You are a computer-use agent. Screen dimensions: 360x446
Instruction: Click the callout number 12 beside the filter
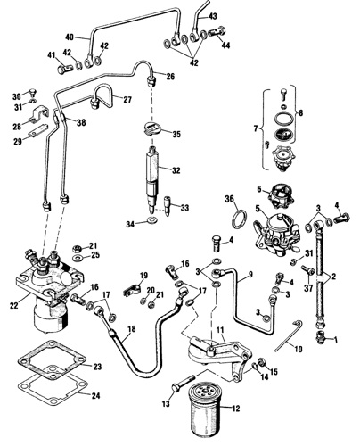(x=235, y=409)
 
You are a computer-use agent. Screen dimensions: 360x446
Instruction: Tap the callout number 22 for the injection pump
(x=14, y=305)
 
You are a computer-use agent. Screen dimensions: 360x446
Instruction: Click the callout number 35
(x=176, y=134)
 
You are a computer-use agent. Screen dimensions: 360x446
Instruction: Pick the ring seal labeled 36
(x=239, y=219)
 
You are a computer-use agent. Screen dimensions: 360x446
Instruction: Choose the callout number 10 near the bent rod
(x=298, y=349)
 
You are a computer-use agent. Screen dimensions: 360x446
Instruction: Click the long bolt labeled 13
(x=183, y=384)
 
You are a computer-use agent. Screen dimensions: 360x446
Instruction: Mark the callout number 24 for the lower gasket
(x=95, y=395)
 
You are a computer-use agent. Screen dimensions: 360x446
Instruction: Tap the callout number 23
(x=97, y=367)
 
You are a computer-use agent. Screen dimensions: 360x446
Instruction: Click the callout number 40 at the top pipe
(x=70, y=37)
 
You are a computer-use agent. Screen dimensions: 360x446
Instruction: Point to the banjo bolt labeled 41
(x=64, y=70)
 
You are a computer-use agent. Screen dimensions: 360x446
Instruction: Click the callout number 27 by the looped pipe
(x=127, y=99)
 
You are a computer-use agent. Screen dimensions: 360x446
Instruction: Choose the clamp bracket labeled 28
(x=38, y=115)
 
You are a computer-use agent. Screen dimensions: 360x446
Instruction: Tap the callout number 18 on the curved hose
(x=132, y=329)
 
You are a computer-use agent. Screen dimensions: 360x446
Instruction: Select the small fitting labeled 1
(x=321, y=337)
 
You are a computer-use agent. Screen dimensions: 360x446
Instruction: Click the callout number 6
(x=259, y=189)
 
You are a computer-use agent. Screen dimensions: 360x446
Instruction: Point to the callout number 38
(x=81, y=122)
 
